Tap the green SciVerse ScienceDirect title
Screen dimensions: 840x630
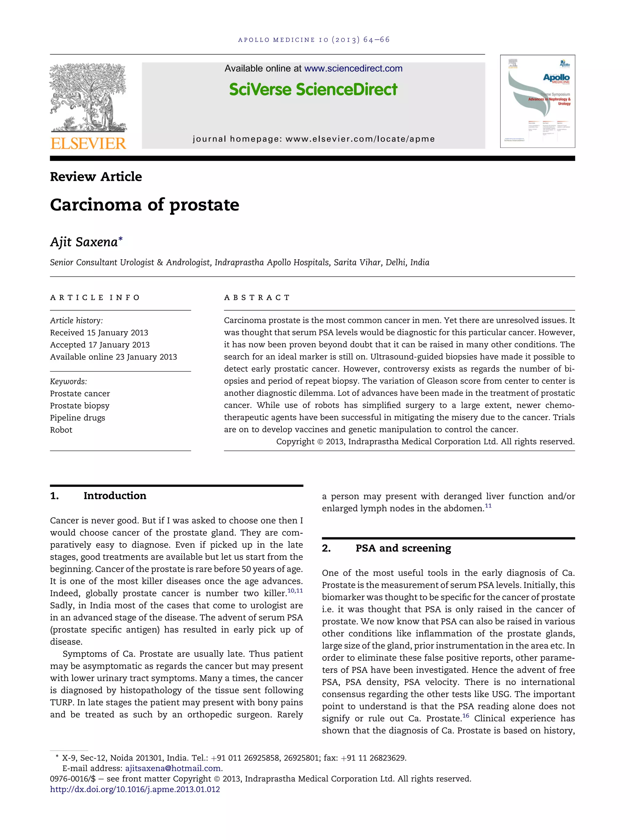pyautogui.click(x=313, y=90)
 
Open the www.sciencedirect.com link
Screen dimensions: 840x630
pyautogui.click(x=353, y=68)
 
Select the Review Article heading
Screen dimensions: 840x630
pyautogui.click(x=96, y=177)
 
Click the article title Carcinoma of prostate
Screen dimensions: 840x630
pyautogui.click(x=144, y=205)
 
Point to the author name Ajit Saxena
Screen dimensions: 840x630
pyautogui.click(x=84, y=242)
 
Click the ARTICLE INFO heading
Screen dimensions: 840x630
pyautogui.click(x=95, y=297)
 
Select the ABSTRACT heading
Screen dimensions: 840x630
pyautogui.click(x=257, y=297)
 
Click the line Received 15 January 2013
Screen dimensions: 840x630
pyautogui.click(x=99, y=333)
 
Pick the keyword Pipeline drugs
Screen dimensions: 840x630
pyautogui.click(x=78, y=418)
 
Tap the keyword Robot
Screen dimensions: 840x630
pyautogui.click(x=61, y=430)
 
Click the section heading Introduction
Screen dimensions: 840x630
pyautogui.click(x=115, y=496)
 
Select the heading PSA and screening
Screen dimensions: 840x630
pyautogui.click(x=403, y=548)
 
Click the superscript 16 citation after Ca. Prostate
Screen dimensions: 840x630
pyautogui.click(x=465, y=716)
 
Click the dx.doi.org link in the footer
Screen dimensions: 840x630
pyautogui.click(x=135, y=789)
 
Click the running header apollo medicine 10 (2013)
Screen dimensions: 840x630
pyautogui.click(x=314, y=39)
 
